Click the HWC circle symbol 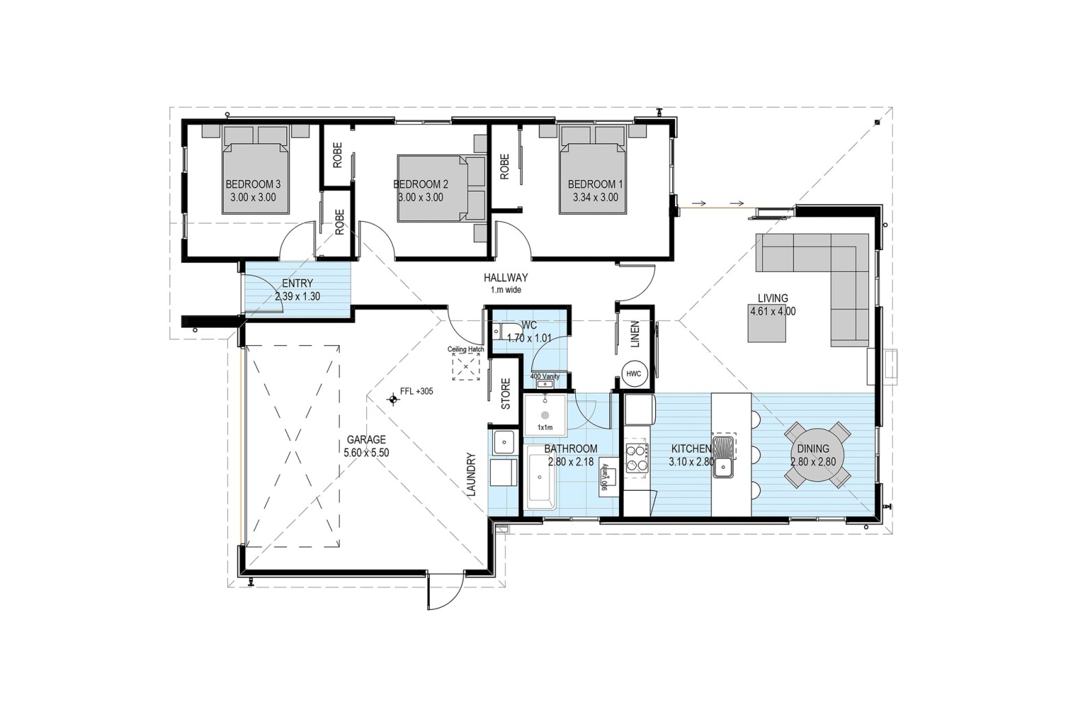pyautogui.click(x=634, y=374)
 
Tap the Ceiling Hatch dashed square pyautogui.click(x=466, y=367)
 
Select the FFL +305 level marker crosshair pyautogui.click(x=393, y=400)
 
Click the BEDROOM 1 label pyautogui.click(x=595, y=184)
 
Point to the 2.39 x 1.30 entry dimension pyautogui.click(x=297, y=296)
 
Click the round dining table pyautogui.click(x=817, y=455)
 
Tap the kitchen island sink pyautogui.click(x=724, y=457)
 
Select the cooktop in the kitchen pyautogui.click(x=637, y=458)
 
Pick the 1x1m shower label pyautogui.click(x=545, y=427)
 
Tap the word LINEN pyautogui.click(x=635, y=334)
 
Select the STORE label pyautogui.click(x=506, y=394)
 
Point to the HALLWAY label pyautogui.click(x=506, y=277)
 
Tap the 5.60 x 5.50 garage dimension pyautogui.click(x=366, y=453)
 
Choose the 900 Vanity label pyautogui.click(x=605, y=477)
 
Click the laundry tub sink pyautogui.click(x=503, y=442)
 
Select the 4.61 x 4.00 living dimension pyautogui.click(x=773, y=311)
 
